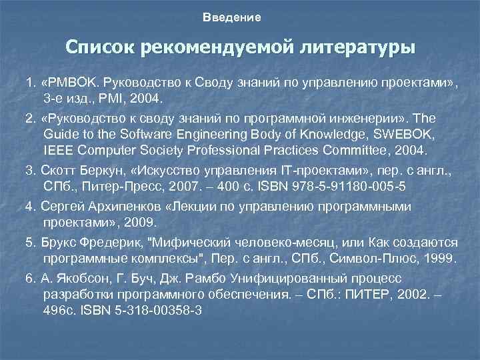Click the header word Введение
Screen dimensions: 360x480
coord(232,17)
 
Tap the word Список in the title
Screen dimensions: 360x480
coord(100,48)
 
